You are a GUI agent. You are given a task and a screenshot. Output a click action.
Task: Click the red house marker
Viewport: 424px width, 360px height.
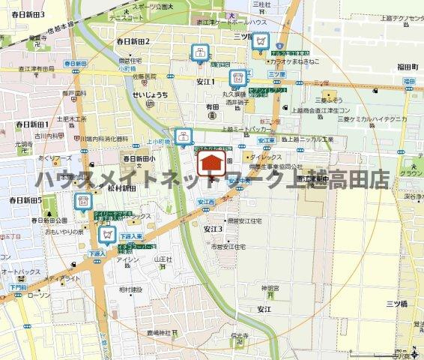click(x=211, y=163)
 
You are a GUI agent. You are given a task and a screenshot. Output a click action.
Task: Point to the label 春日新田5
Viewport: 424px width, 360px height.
click(x=25, y=200)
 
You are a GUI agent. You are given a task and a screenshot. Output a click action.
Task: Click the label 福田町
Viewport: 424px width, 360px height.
click(x=407, y=67)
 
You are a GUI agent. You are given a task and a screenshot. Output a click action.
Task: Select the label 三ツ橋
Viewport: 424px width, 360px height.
click(x=396, y=303)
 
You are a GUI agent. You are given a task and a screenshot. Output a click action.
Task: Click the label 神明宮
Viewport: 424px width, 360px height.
click(x=270, y=288)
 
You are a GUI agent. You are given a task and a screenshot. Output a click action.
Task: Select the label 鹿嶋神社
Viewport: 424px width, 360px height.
click(x=159, y=331)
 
